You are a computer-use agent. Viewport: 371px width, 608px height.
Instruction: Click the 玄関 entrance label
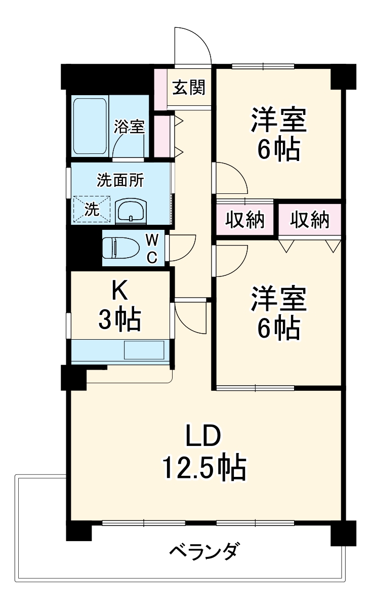(189, 88)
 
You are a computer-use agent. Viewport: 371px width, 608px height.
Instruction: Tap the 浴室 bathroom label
(129, 127)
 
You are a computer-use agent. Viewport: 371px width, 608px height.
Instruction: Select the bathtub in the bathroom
(90, 127)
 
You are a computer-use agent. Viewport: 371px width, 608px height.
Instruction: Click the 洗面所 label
(120, 180)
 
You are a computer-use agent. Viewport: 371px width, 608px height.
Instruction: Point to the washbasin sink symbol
(131, 211)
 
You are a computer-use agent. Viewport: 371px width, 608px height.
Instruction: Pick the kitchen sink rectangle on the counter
(144, 350)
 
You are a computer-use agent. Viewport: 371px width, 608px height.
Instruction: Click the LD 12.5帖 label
(203, 452)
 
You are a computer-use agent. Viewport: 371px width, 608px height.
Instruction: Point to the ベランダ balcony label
(203, 550)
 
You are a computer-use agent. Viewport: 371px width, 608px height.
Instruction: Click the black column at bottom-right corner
(343, 533)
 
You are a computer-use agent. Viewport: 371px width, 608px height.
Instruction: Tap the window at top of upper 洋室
(263, 66)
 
